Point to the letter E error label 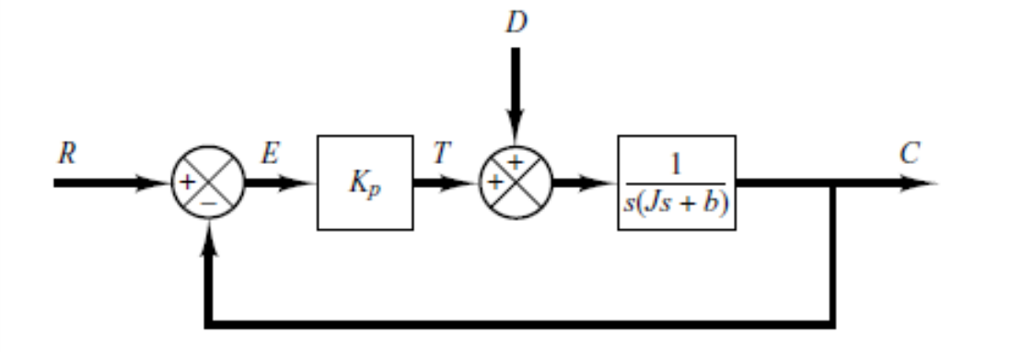271,153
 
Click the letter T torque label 443,153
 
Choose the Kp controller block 365,182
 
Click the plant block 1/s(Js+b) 678,182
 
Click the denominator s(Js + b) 678,201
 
